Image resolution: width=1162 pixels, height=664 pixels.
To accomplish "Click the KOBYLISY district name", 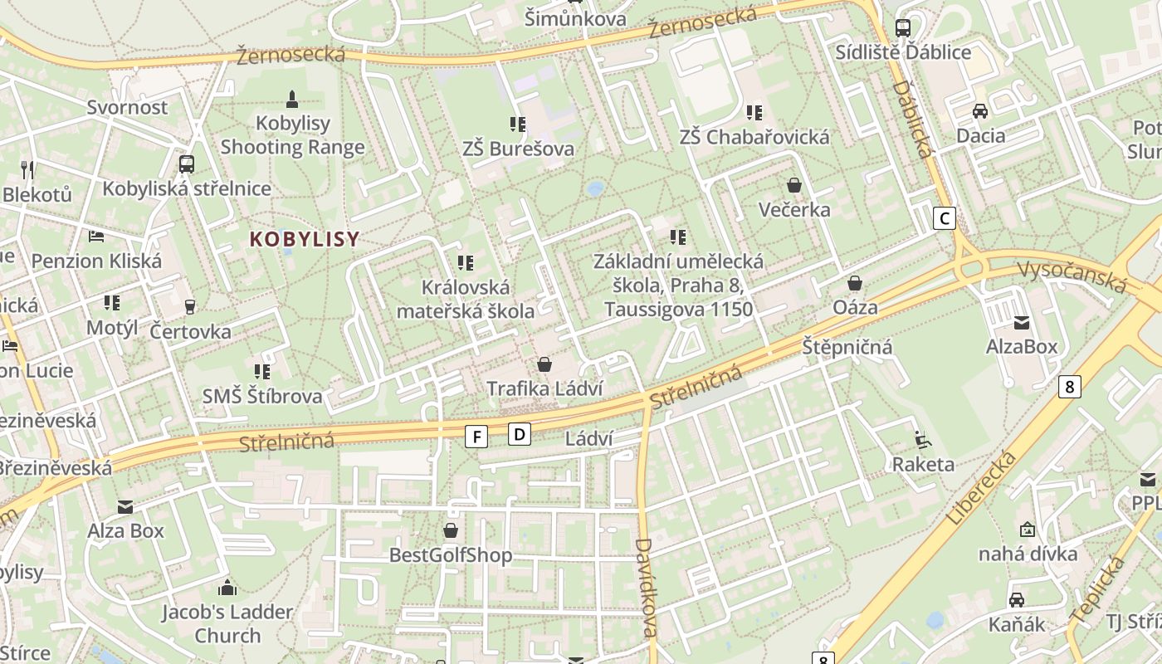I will [x=305, y=239].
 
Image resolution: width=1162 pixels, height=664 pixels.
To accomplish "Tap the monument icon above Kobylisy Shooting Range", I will [x=291, y=99].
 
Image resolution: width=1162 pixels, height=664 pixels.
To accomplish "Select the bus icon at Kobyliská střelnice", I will [x=187, y=164].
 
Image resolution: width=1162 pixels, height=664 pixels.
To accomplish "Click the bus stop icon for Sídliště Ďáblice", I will [x=903, y=28].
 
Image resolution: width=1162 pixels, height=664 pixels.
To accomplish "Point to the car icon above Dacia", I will [x=980, y=111].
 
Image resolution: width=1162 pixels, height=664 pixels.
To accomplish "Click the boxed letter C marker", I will [x=944, y=218].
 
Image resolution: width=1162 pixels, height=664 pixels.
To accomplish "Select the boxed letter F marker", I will [x=476, y=436].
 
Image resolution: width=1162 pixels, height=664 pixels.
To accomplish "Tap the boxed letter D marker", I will [x=520, y=433].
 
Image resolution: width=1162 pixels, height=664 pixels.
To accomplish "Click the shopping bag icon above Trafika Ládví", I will [x=544, y=364].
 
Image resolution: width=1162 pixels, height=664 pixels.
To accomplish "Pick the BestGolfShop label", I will [x=451, y=555].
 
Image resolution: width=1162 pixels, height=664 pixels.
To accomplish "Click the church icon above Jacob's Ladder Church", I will [x=227, y=588].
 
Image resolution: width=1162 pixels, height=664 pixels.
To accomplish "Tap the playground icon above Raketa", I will [x=922, y=439].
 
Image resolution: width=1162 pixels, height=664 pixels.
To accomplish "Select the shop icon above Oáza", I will [x=855, y=283].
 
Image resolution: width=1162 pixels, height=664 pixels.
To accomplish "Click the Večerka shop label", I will [x=794, y=209].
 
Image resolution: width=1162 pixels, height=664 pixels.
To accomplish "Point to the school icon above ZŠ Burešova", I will [x=518, y=124].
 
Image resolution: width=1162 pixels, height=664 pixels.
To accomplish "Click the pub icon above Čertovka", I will [x=190, y=307].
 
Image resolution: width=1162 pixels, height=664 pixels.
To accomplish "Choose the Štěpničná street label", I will [x=847, y=347].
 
